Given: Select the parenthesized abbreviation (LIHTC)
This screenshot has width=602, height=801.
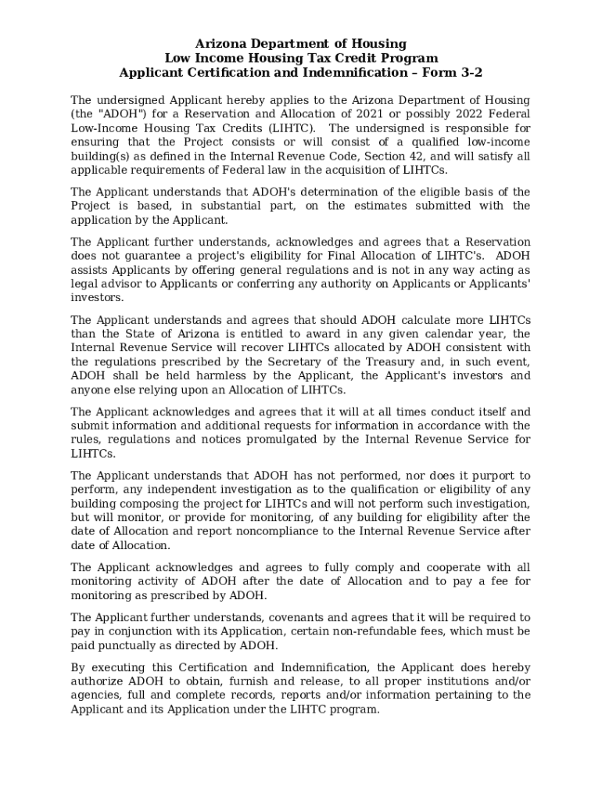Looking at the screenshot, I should click(x=291, y=128).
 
